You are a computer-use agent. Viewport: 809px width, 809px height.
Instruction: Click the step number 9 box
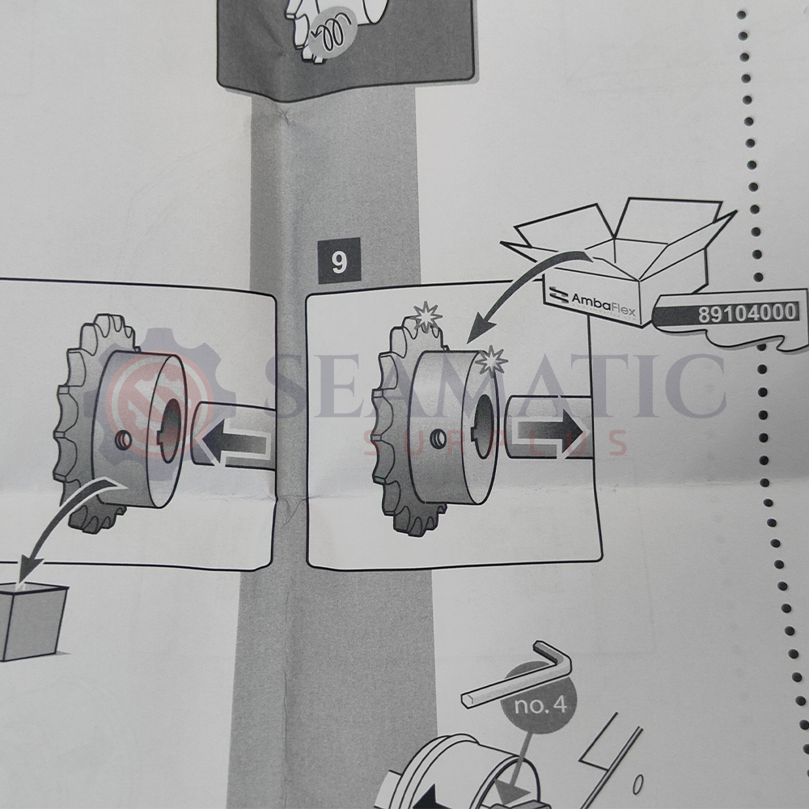click(339, 260)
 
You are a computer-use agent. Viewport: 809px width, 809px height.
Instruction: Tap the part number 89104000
click(747, 313)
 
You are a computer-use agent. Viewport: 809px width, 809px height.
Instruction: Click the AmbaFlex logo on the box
click(592, 301)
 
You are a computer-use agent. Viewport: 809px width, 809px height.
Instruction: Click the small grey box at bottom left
click(31, 621)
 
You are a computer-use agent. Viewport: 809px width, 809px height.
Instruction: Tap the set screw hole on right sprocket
click(438, 439)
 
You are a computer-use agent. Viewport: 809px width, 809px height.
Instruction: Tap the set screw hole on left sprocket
click(123, 440)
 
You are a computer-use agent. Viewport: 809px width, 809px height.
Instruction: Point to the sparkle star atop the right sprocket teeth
click(426, 316)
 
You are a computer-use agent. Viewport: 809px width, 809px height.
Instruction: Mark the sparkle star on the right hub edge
click(491, 360)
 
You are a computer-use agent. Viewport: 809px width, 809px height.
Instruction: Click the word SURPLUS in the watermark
click(495, 443)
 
